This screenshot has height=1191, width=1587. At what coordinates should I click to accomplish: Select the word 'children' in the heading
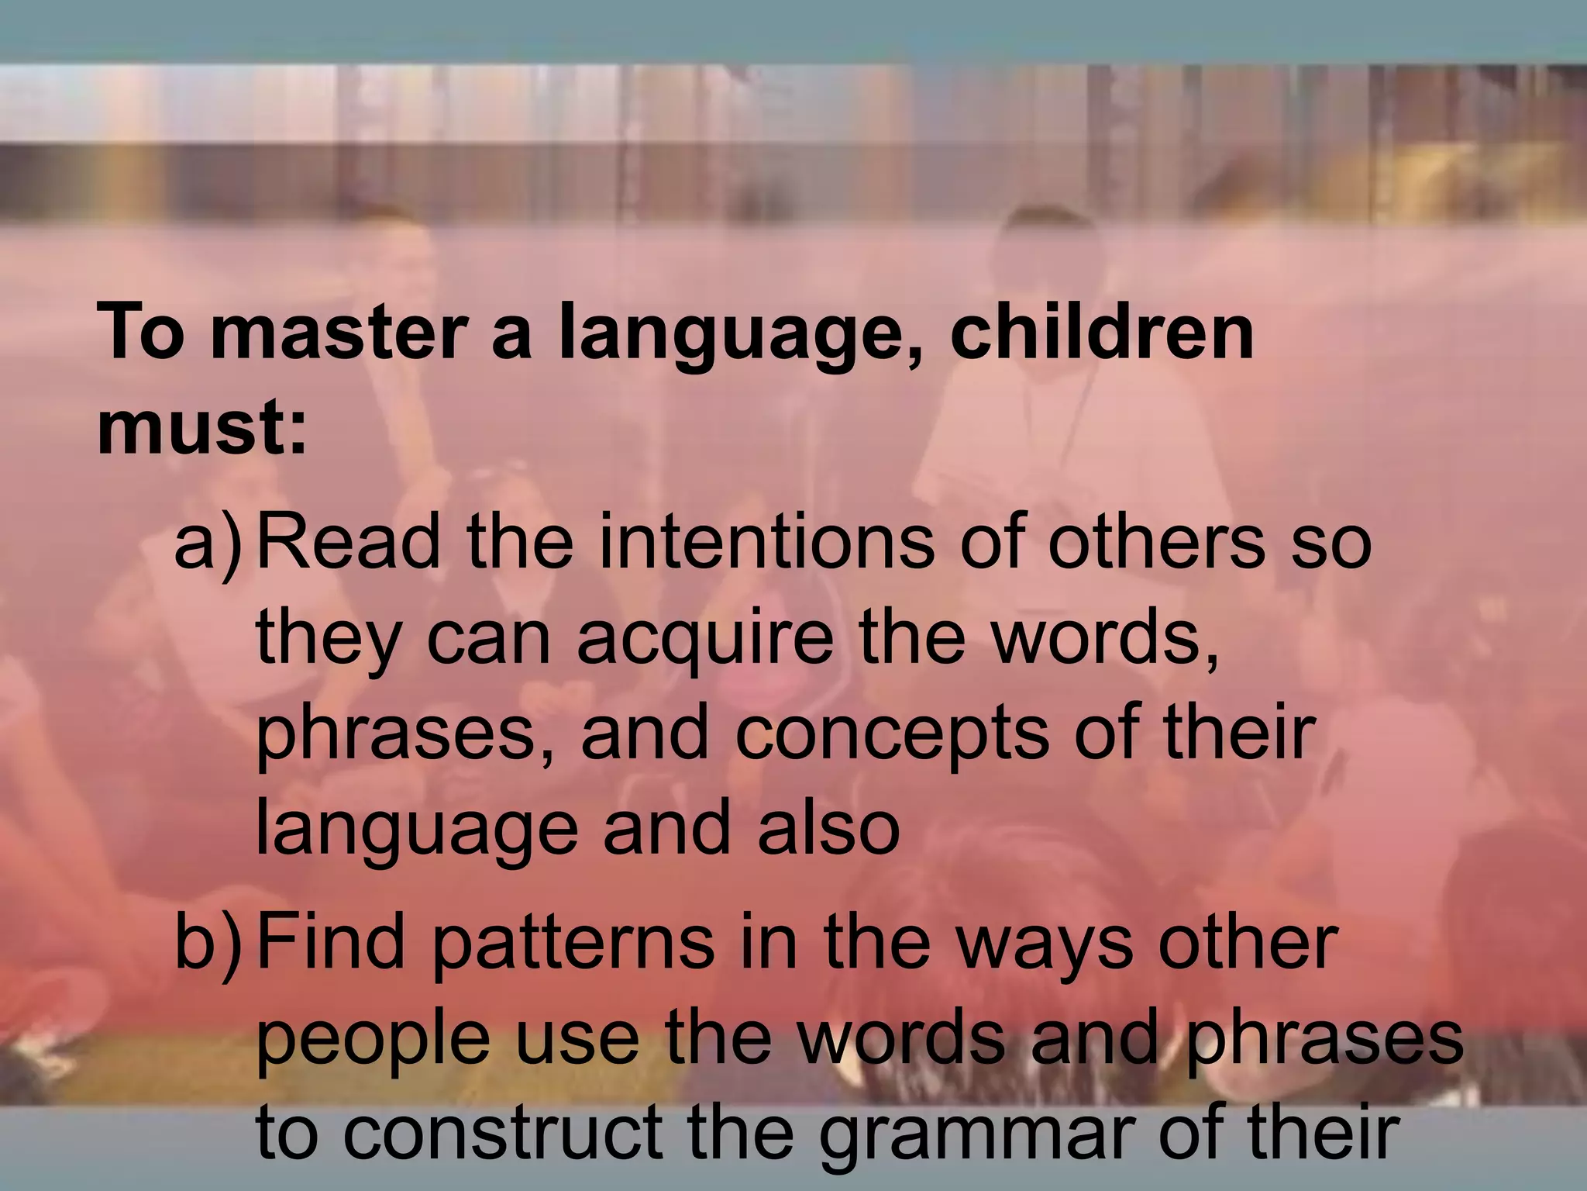1100,335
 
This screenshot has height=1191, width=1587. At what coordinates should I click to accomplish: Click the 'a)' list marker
208,543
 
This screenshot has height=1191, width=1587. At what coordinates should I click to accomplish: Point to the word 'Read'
348,543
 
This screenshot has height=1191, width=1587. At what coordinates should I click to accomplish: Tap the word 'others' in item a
1156,543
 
